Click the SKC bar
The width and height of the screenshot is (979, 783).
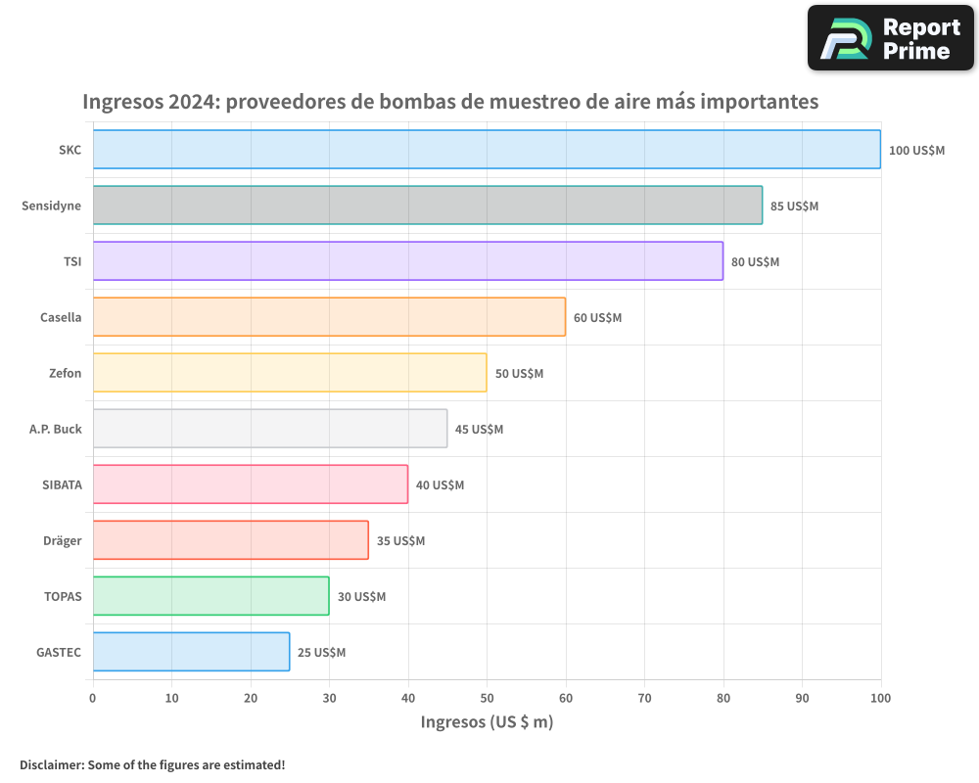point(487,150)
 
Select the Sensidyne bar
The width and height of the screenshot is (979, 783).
point(427,206)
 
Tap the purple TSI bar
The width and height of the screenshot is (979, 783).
point(407,261)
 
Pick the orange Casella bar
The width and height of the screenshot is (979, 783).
point(329,317)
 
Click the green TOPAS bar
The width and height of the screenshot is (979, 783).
point(210,596)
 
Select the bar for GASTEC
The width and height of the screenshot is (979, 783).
point(191,652)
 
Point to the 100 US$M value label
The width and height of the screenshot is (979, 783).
point(916,151)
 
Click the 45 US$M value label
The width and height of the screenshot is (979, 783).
point(479,430)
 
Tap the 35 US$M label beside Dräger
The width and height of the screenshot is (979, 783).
point(400,541)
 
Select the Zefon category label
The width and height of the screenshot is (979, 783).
point(66,373)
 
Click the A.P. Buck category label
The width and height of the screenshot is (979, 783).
point(56,429)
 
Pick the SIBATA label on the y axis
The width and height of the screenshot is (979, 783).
point(62,484)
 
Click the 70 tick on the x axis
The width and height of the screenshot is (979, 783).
point(644,698)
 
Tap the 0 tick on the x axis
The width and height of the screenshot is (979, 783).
point(93,698)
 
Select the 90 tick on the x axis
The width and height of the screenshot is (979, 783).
point(802,698)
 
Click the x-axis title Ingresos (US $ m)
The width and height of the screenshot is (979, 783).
point(487,722)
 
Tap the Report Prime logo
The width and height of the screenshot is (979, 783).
point(890,38)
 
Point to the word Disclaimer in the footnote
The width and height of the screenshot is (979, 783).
point(50,764)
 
